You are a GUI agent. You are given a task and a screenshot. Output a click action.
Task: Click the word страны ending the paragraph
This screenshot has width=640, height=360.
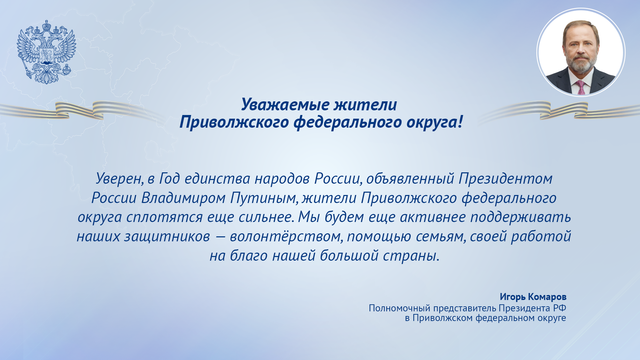click(x=413, y=257)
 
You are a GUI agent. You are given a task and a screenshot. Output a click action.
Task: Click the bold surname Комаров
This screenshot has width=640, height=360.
click(x=548, y=297)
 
